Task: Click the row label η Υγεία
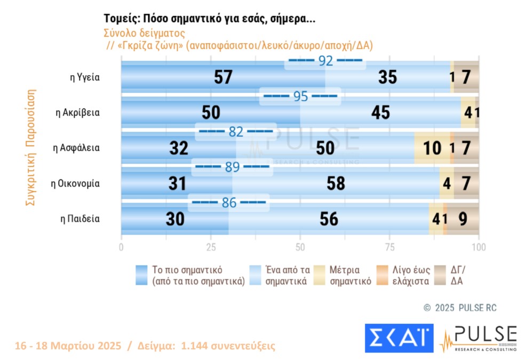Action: tap(86, 78)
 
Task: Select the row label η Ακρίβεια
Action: tap(78, 113)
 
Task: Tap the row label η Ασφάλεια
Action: tap(76, 148)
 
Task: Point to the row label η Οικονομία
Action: tap(75, 183)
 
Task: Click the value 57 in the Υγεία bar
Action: tap(223, 78)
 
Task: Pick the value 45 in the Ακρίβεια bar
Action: tap(381, 113)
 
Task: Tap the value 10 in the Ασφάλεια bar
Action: tap(432, 148)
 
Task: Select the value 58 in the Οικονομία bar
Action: tap(336, 183)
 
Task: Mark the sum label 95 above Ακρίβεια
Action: tap(300, 97)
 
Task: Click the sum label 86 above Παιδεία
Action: tap(228, 202)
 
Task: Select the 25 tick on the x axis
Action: tap(211, 247)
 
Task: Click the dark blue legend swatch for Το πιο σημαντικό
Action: tap(142, 275)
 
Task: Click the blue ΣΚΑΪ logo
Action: tap(399, 338)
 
